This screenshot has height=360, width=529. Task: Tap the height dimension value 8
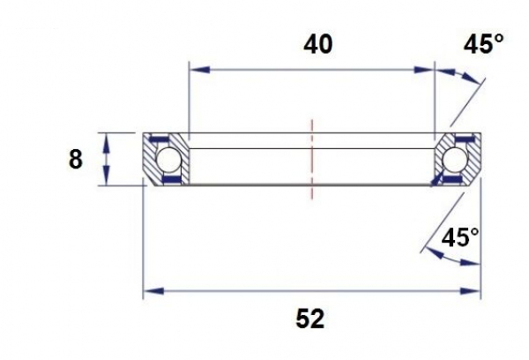75,160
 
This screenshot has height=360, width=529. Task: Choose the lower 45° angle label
460,237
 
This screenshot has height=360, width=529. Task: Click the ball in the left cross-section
168,160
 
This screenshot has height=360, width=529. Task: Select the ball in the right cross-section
456,160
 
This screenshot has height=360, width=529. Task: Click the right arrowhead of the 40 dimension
428,67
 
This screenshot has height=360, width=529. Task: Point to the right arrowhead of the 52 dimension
473,289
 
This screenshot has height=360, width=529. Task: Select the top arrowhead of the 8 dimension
106,139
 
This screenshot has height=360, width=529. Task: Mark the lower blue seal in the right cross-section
454,179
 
